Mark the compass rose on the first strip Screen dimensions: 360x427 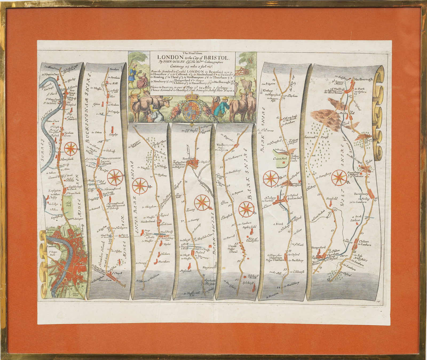pyautogui.click(x=71, y=148)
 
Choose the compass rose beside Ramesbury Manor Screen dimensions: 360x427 pyautogui.click(x=340, y=178)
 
